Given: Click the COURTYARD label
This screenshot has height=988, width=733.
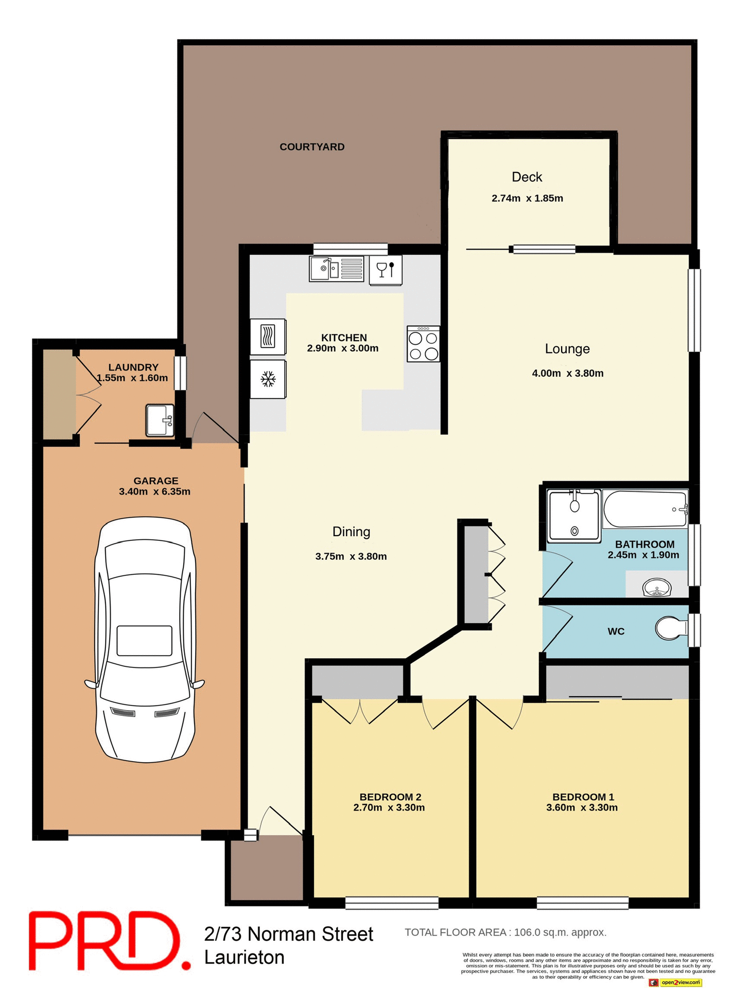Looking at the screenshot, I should click(x=312, y=147).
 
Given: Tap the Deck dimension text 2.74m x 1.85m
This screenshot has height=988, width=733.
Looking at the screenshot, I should click(x=527, y=199).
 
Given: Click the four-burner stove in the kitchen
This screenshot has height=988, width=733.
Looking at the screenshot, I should click(x=423, y=344).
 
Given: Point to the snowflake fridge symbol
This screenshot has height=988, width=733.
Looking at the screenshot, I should click(x=268, y=380).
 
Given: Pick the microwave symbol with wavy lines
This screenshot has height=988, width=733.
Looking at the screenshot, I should click(x=268, y=337).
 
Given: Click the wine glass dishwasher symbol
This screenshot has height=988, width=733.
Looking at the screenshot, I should click(x=386, y=270).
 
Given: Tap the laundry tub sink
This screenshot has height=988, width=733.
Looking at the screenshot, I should click(x=160, y=420).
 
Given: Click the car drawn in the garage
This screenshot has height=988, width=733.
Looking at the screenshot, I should click(x=145, y=640).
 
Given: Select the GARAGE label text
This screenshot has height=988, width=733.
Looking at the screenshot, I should click(x=155, y=481).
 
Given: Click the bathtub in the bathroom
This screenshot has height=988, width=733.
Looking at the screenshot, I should click(x=644, y=509).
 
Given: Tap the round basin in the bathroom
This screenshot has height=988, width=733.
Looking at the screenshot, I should click(x=657, y=588).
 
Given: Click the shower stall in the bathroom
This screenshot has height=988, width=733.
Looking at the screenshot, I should click(x=574, y=516).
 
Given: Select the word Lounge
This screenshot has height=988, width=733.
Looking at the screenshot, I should click(x=567, y=349).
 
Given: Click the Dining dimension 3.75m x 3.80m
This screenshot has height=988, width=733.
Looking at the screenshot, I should click(x=351, y=556).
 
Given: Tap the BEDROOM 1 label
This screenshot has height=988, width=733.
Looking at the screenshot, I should click(x=583, y=797).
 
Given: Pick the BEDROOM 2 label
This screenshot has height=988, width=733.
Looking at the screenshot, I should click(x=390, y=797).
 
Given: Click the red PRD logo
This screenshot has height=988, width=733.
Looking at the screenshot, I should click(x=108, y=941).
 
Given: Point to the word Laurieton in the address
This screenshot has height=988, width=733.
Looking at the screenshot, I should click(x=245, y=958).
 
